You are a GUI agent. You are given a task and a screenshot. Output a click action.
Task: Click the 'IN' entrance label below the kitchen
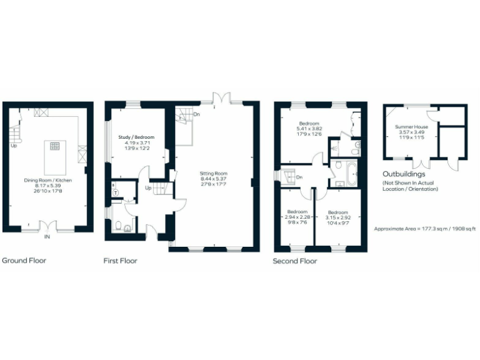47,237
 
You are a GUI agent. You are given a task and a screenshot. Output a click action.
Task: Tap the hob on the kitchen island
54,146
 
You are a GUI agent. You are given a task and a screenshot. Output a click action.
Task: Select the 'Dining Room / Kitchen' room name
48,180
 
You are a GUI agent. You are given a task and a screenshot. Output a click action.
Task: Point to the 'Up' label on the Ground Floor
13,146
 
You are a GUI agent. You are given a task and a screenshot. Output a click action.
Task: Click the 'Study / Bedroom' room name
136,137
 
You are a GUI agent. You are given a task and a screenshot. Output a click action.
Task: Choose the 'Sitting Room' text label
213,173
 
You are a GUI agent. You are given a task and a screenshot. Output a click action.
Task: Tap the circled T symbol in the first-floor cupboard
116,192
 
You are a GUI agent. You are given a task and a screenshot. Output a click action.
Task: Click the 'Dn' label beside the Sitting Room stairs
196,114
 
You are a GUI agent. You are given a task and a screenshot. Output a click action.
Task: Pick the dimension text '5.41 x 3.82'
309,128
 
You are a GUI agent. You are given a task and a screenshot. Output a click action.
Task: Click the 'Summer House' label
411,127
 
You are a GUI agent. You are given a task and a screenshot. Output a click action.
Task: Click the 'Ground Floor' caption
24,261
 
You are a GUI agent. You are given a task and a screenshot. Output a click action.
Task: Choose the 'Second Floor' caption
295,261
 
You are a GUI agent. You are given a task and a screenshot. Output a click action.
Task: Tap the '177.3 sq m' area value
431,229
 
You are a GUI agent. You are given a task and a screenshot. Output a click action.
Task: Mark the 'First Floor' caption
120,261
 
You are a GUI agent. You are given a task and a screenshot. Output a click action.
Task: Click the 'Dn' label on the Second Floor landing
299,176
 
